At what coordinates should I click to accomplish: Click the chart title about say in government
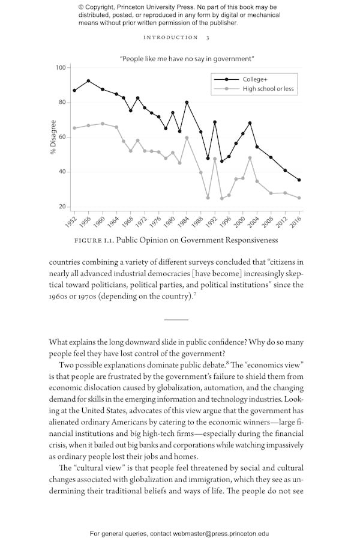pyautogui.click(x=187, y=59)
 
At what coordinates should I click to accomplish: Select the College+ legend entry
pyautogui.click(x=255, y=79)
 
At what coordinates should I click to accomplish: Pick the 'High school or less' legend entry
pyautogui.click(x=268, y=89)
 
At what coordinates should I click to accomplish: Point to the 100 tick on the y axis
pyautogui.click(x=60, y=67)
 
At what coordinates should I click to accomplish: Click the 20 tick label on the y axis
pyautogui.click(x=62, y=207)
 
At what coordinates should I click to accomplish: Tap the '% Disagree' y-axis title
pyautogui.click(x=53, y=138)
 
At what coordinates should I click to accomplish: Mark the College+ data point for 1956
pyautogui.click(x=88, y=80)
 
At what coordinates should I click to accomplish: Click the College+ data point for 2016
pyautogui.click(x=299, y=180)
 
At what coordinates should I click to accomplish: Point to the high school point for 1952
pyautogui.click(x=74, y=128)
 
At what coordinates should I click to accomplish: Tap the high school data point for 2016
pyautogui.click(x=299, y=198)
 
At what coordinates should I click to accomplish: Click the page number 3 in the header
pyautogui.click(x=208, y=38)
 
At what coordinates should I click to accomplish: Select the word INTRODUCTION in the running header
pyautogui.click(x=170, y=38)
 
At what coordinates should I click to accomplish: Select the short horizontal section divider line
pyautogui.click(x=176, y=320)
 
